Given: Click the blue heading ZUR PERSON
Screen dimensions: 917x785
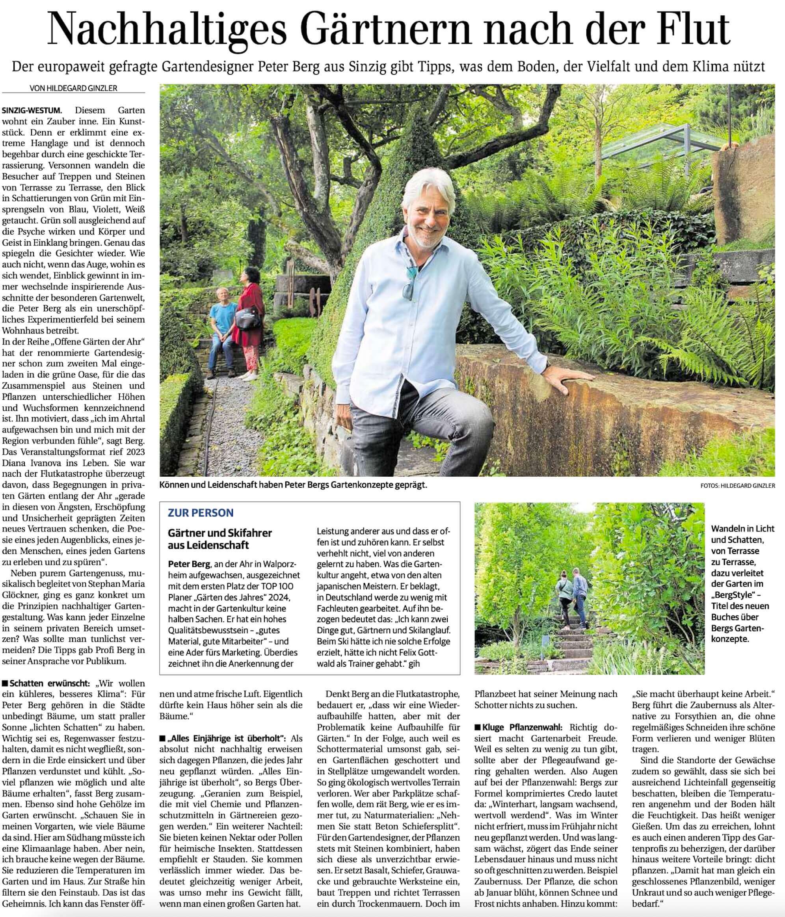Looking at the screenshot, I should click(x=201, y=513).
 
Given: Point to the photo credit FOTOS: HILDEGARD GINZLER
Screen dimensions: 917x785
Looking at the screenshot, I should click(x=738, y=485).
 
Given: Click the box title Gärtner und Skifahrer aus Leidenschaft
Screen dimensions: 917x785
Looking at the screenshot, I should click(x=220, y=539).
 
